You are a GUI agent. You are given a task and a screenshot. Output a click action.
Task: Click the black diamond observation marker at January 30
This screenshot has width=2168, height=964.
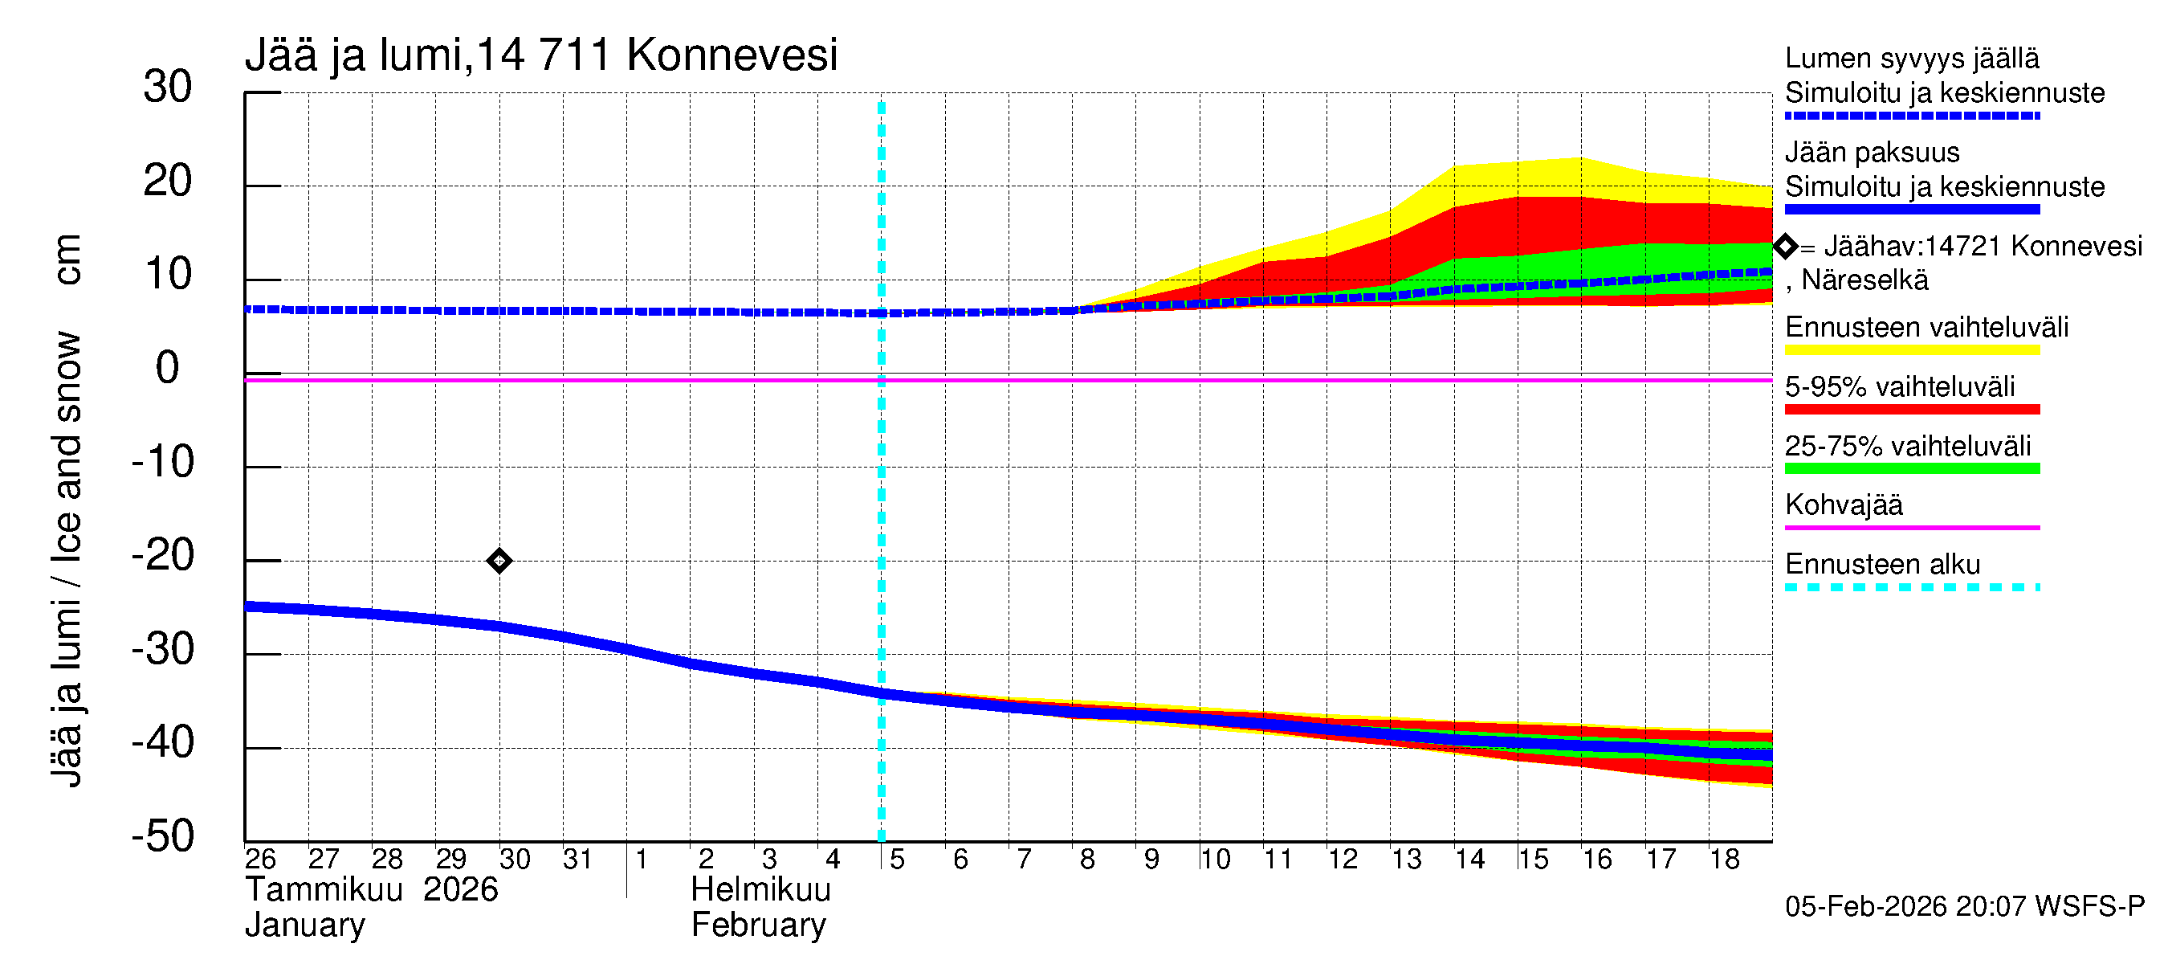pos(499,561)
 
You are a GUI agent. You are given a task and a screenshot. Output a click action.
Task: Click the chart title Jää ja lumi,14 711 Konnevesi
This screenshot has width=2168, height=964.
pos(540,55)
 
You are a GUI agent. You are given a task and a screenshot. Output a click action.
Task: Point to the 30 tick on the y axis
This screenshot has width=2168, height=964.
pos(168,88)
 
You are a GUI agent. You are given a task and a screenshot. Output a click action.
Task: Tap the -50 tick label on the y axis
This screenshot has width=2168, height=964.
pos(162,837)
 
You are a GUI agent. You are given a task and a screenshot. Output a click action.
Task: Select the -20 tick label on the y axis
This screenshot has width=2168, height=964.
pos(162,556)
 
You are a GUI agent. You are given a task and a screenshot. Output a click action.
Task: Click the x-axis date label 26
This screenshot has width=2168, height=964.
pos(260,860)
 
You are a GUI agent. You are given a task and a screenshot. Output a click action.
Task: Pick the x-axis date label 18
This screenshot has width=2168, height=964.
pos(1724,860)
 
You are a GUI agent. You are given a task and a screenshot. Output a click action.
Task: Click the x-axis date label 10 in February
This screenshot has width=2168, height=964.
pos(1214,860)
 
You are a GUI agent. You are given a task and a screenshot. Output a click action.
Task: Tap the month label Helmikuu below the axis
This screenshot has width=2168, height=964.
pos(760,890)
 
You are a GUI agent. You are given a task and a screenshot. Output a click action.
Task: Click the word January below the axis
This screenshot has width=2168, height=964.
pos(304,925)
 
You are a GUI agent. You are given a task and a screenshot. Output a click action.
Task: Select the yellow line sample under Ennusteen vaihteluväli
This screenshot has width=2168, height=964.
pos(1911,350)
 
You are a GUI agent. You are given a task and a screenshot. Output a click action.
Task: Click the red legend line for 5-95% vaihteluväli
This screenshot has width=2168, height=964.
pos(1911,410)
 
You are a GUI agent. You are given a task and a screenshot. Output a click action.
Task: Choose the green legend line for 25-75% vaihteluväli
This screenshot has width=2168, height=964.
pos(1911,469)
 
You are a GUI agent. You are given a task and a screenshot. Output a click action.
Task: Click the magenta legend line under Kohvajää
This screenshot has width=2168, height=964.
pos(1911,528)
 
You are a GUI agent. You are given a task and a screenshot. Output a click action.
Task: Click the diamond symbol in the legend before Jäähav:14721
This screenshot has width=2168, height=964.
pos(1785,247)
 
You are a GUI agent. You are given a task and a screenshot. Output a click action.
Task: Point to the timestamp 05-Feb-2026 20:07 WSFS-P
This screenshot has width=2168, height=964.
pos(1964,907)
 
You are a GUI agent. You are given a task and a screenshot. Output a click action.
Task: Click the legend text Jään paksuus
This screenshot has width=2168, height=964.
pos(1872,153)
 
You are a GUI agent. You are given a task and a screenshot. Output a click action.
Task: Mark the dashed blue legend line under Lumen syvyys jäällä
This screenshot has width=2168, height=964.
pos(1911,116)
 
